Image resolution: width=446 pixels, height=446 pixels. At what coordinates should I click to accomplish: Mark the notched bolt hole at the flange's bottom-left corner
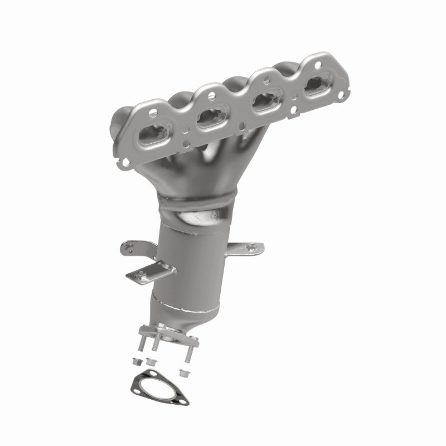127,163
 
